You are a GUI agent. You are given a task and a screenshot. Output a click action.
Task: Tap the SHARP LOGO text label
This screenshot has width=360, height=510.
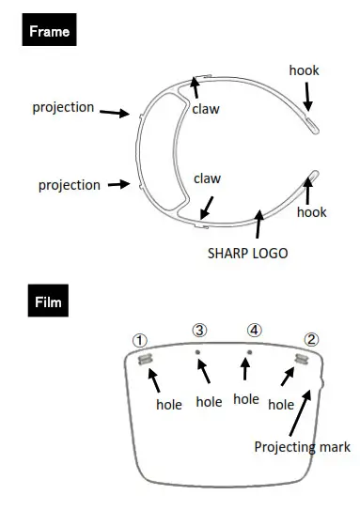[x=247, y=253]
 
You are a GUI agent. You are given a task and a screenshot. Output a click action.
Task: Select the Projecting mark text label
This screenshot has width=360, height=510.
[x=302, y=447]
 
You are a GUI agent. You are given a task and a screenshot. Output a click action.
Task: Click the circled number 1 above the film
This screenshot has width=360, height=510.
[x=140, y=339]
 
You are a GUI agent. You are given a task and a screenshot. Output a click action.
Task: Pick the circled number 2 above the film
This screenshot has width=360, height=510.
[x=311, y=339]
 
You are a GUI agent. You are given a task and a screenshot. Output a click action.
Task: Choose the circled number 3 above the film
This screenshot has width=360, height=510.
[x=199, y=331]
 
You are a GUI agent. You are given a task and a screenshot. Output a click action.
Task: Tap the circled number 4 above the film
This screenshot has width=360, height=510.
[x=254, y=331]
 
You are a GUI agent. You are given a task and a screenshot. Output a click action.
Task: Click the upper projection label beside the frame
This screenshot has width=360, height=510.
[x=63, y=107]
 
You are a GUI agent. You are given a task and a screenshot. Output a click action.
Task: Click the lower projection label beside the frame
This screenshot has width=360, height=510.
[x=69, y=185]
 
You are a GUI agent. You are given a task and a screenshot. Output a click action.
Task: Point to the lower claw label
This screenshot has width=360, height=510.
[x=208, y=178]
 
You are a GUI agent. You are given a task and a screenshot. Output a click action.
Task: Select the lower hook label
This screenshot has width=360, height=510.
[x=311, y=212]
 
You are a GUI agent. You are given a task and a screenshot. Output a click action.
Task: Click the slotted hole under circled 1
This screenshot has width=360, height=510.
[x=145, y=360]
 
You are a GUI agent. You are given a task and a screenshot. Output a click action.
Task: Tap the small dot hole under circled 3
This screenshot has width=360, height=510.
[x=197, y=354]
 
